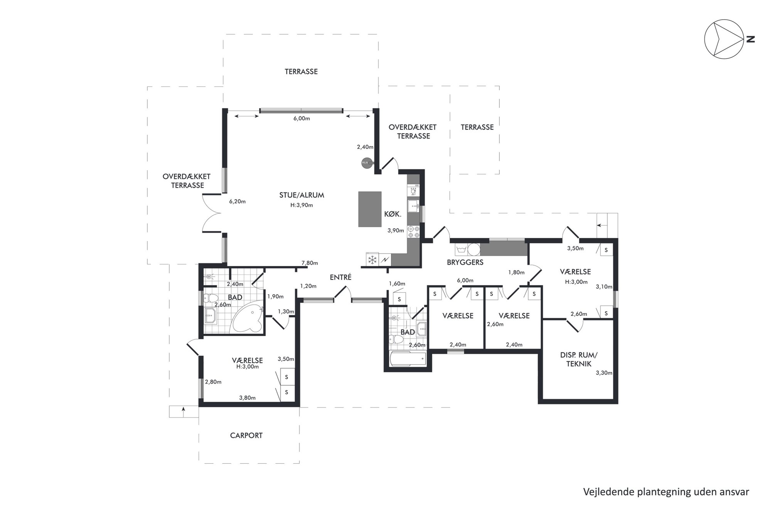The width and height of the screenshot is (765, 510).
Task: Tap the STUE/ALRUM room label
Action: coord(302,195)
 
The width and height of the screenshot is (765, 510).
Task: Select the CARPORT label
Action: coord(246,435)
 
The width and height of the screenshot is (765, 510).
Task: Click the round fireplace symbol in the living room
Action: coord(366,163)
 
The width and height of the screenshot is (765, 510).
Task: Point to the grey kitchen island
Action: coord(370,209)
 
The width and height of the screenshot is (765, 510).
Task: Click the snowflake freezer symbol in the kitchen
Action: coord(372,259)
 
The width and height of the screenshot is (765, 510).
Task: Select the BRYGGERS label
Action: coord(465,263)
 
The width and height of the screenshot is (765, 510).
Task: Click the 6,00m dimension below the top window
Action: coord(302,118)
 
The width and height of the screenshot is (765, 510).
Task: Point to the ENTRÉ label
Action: coord(340,277)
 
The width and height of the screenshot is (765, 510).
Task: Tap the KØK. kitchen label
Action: coord(393,214)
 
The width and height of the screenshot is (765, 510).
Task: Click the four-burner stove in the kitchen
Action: coord(414,231)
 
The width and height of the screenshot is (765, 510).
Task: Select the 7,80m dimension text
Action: coord(310,263)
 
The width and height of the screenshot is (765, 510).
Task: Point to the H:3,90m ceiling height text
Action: coord(302,205)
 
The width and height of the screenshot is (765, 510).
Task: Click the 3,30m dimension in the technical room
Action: coord(604,373)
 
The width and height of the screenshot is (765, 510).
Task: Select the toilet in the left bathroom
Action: coord(211,297)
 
